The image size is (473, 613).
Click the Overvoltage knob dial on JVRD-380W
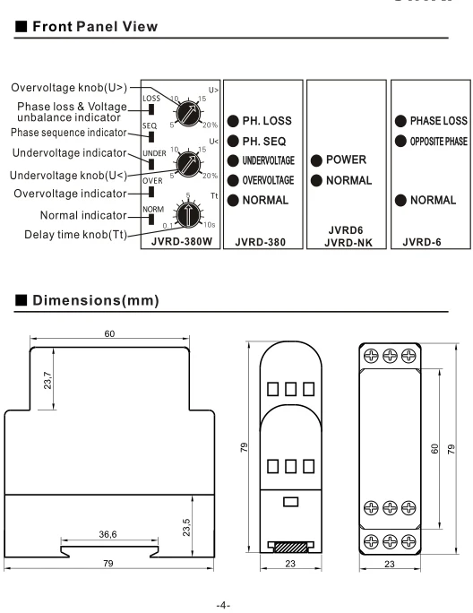click(x=188, y=113)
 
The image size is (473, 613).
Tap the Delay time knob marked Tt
click(x=188, y=214)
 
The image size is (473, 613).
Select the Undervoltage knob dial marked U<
click(x=188, y=164)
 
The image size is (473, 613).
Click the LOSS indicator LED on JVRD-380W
click(x=151, y=109)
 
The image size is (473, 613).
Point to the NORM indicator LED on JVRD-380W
click(x=151, y=220)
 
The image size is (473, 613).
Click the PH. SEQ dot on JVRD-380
click(x=233, y=141)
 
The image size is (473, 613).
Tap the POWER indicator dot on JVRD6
click(x=316, y=160)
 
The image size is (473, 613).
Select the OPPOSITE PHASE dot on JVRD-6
click(x=400, y=141)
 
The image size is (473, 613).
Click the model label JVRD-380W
click(x=182, y=241)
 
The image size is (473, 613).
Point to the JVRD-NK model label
click(x=348, y=243)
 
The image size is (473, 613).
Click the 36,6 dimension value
click(x=107, y=534)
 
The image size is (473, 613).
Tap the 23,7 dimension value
click(x=47, y=380)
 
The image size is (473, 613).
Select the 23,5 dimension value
click(x=186, y=527)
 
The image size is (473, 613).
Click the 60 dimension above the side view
click(x=109, y=334)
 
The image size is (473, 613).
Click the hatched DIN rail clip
click(x=291, y=547)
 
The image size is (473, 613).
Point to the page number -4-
click(x=223, y=606)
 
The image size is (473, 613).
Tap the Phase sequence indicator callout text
click(x=69, y=133)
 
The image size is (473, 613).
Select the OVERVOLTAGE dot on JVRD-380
click(x=233, y=180)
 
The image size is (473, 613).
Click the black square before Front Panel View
click(x=21, y=27)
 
